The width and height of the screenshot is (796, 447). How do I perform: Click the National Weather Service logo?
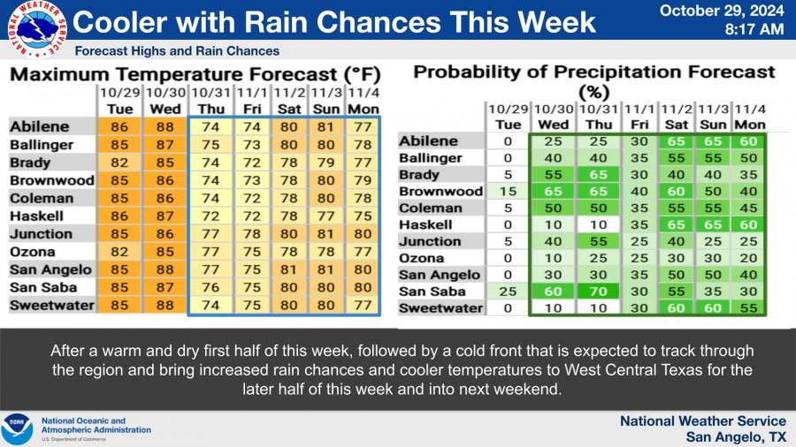pos(37,29)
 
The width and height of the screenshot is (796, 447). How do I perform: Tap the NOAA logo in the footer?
pos(17,429)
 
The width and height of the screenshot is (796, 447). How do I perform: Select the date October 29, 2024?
pos(722,11)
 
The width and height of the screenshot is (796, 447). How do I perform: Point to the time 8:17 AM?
pos(754,29)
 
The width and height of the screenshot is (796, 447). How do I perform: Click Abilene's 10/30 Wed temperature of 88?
pos(165,126)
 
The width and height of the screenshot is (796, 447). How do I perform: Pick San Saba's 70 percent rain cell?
pos(598,292)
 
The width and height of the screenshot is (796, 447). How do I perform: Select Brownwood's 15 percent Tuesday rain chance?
pos(508,191)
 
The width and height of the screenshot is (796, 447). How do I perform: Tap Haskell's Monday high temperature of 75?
pos(363,216)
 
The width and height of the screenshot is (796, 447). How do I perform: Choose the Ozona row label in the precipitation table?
pos(421,259)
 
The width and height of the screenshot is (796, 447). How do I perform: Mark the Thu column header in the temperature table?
pos(211,110)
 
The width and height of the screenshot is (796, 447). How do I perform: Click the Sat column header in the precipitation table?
pos(677,125)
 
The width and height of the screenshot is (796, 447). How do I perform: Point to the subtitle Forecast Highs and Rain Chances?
pos(177,51)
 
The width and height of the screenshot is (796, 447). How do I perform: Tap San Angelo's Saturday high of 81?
pos(289,269)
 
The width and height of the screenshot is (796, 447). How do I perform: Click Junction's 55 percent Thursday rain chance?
pos(598,241)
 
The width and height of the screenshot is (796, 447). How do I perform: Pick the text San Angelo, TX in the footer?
pos(736,437)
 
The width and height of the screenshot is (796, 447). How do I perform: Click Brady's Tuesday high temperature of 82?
pos(119,163)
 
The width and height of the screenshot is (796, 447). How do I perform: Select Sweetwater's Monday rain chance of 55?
pos(749,308)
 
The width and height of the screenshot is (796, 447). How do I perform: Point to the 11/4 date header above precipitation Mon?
pos(750,110)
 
